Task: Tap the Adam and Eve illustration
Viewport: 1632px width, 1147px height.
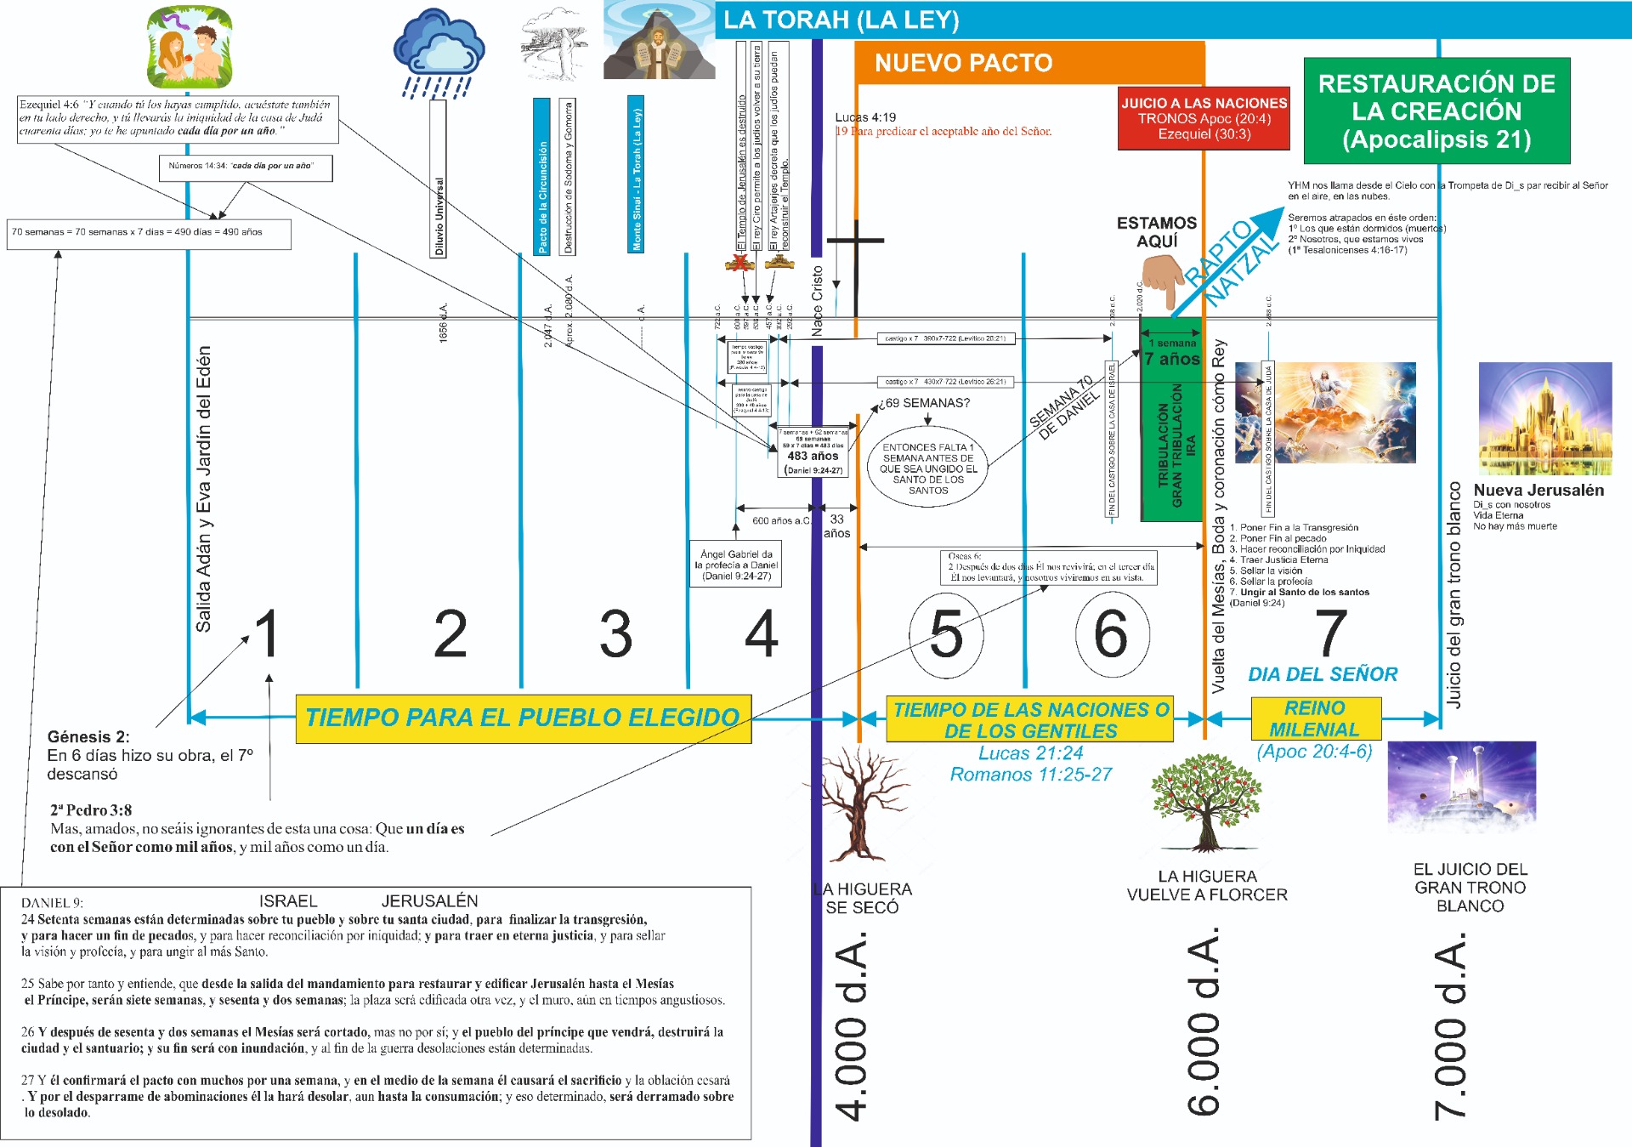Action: coord(190,47)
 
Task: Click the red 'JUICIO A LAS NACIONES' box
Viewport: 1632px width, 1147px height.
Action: coord(1204,118)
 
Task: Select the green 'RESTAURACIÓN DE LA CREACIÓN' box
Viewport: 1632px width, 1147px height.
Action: coord(1436,111)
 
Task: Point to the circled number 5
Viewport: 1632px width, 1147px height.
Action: coord(946,634)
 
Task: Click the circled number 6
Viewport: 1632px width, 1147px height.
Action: coord(1112,634)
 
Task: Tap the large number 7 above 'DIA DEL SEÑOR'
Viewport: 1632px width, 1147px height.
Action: coord(1330,634)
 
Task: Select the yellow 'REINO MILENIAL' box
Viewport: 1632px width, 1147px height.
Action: coord(1315,718)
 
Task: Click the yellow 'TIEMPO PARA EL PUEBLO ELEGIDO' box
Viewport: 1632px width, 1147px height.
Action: coord(523,718)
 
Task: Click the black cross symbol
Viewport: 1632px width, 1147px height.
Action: coord(856,243)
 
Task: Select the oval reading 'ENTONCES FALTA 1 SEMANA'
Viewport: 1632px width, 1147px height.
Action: coord(928,468)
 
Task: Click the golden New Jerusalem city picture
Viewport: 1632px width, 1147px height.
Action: coord(1544,418)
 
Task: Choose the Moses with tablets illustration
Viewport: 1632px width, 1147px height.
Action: coord(659,41)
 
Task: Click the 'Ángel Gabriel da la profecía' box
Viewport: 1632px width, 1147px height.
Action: coord(736,565)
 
